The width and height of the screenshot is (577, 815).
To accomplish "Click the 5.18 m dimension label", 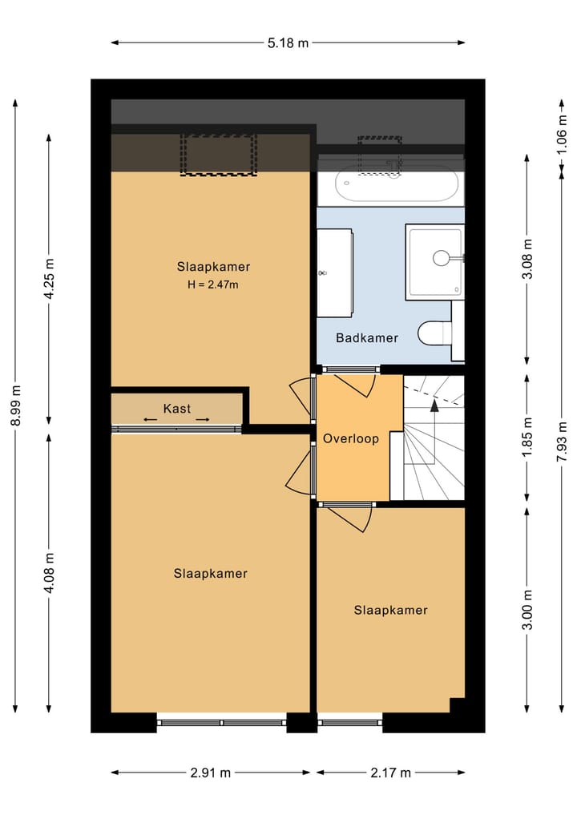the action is pyautogui.click(x=288, y=42).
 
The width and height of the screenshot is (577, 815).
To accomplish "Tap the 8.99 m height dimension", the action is pyautogui.click(x=15, y=405).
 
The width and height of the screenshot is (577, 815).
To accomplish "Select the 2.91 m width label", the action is pyautogui.click(x=210, y=773).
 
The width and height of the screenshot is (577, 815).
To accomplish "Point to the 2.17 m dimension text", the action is pyautogui.click(x=390, y=773).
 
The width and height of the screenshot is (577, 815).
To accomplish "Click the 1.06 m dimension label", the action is pyautogui.click(x=562, y=134).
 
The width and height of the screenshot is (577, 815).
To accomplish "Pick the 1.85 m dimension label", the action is pyautogui.click(x=527, y=438).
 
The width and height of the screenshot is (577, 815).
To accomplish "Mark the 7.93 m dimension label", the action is pyautogui.click(x=562, y=442).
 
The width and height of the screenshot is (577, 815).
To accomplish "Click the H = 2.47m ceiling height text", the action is pyautogui.click(x=213, y=284).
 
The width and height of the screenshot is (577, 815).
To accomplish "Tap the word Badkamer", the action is pyautogui.click(x=367, y=338).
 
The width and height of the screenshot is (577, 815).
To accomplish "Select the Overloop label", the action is pyautogui.click(x=351, y=438).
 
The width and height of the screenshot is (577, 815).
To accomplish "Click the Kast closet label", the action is pyautogui.click(x=177, y=409).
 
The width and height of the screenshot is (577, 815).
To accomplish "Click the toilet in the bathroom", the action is pyautogui.click(x=434, y=333).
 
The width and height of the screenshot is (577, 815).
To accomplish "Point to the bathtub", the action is pyautogui.click(x=397, y=184).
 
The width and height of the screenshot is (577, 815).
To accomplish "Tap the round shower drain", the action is pyautogui.click(x=441, y=258).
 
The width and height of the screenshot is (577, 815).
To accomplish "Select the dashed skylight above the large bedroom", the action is pyautogui.click(x=219, y=155).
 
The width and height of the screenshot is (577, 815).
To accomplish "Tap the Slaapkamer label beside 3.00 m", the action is pyautogui.click(x=391, y=610).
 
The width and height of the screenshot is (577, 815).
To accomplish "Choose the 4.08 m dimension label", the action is pyautogui.click(x=49, y=573).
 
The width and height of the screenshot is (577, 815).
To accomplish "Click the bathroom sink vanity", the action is pyautogui.click(x=335, y=273).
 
